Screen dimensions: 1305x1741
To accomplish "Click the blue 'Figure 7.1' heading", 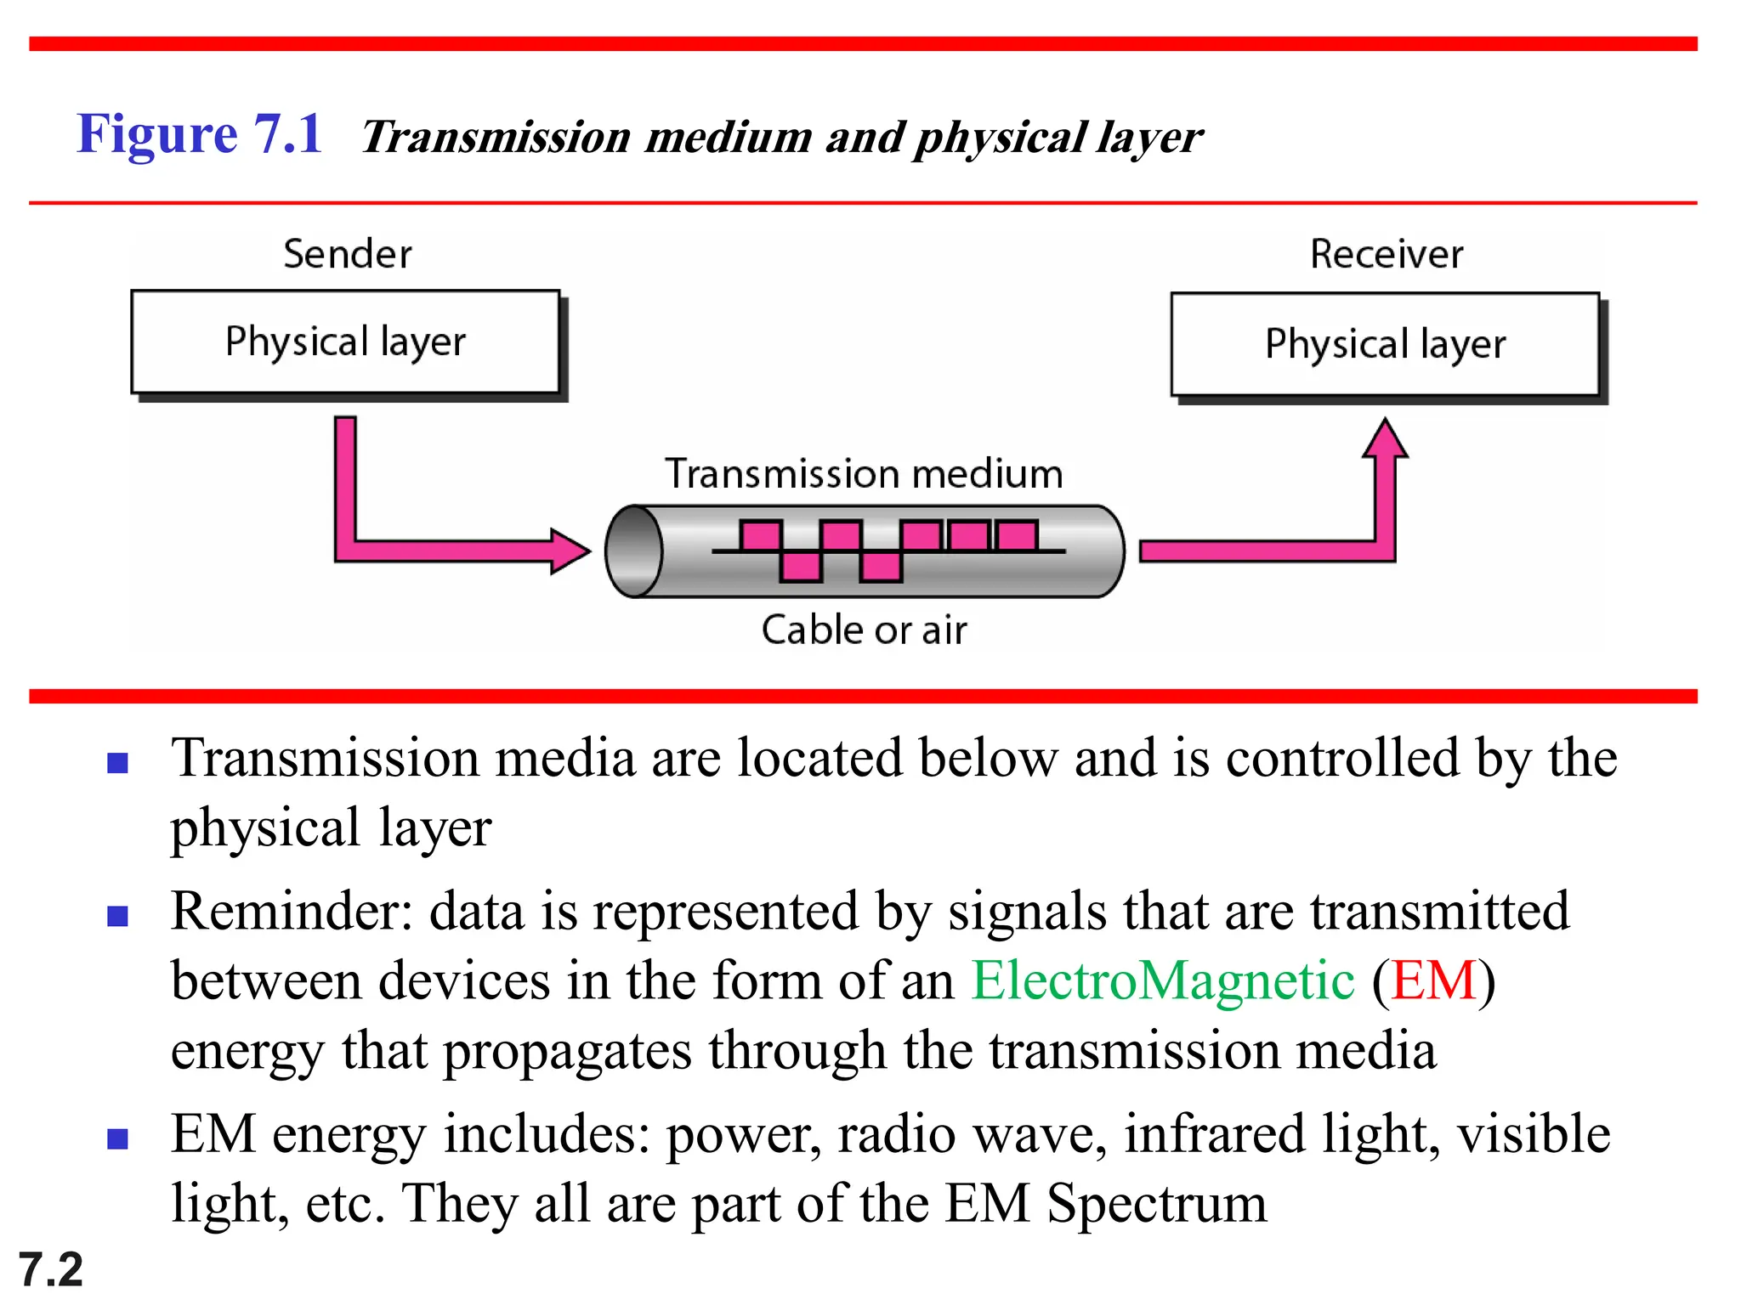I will coord(199,134).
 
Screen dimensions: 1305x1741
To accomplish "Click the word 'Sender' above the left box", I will coord(347,254).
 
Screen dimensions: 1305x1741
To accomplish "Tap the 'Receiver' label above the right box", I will coord(1387,254).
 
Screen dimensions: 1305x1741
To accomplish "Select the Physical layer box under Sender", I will coord(345,342).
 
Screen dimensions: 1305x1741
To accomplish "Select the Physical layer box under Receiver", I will coord(1385,344).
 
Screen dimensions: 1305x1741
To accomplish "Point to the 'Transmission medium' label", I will coord(864,473).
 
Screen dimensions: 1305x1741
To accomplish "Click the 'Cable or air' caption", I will coord(864,630).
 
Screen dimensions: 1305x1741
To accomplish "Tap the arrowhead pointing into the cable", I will coord(570,551).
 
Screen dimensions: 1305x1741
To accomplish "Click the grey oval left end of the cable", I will coord(634,551).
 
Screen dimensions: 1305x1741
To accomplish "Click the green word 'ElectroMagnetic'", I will coord(1162,980).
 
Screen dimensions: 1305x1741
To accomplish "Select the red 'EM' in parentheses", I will coord(1433,980).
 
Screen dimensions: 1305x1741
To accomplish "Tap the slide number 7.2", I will coord(50,1269).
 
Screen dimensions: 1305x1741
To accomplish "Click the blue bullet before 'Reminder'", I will coord(117,916).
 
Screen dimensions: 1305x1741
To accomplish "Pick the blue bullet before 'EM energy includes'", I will coord(117,1138).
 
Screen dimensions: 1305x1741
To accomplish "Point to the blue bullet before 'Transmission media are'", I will coord(117,762).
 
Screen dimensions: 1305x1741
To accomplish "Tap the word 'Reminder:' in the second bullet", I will coord(292,912).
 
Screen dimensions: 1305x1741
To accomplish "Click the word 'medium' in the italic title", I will coord(729,138).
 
